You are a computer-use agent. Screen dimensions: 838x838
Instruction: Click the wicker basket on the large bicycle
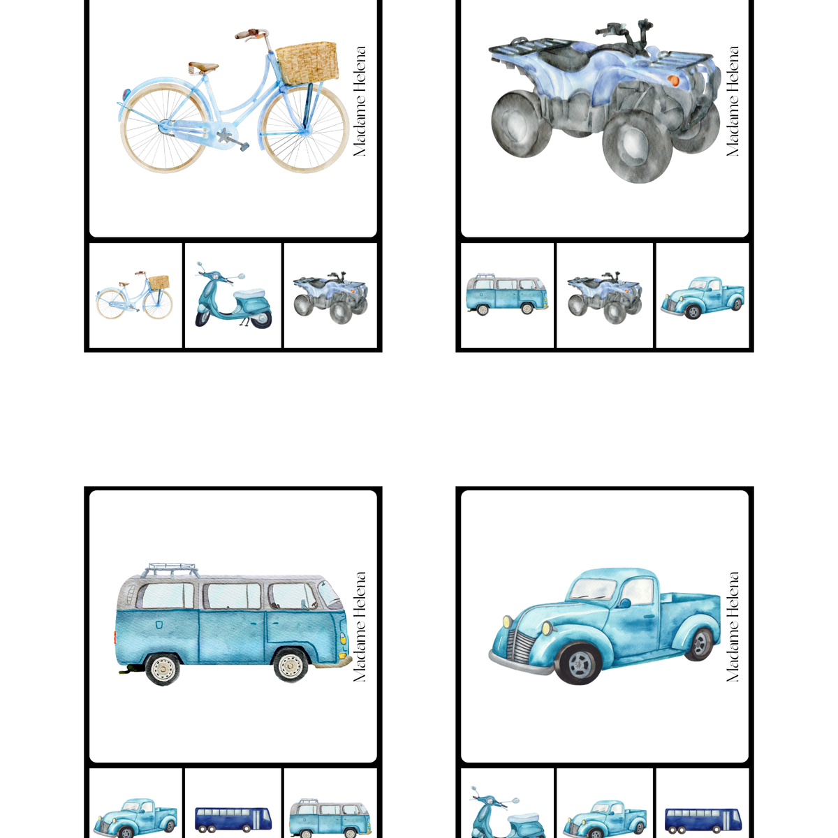pos(307,63)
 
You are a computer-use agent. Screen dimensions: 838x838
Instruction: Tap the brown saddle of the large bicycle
pos(203,67)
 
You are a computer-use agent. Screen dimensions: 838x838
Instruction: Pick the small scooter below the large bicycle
pos(233,295)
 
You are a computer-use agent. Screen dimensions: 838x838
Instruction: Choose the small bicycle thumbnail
pos(134,295)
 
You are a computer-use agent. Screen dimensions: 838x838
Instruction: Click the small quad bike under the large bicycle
pos(330,297)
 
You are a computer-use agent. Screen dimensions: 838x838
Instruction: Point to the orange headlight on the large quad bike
pos(673,80)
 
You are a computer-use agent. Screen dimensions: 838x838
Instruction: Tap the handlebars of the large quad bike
pos(625,29)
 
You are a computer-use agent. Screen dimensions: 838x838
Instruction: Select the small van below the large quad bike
pos(506,295)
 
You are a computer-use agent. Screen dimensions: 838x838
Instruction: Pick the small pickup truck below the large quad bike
pos(703,298)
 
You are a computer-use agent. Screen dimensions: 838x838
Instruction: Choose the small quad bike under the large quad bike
pos(605,297)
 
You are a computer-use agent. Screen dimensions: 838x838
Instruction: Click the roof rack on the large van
pos(172,570)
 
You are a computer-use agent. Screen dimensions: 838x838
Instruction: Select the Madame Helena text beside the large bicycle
pos(360,101)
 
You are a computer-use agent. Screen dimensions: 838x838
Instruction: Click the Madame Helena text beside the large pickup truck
pos(733,626)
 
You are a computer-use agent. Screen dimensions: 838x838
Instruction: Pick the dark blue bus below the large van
pos(233,819)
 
